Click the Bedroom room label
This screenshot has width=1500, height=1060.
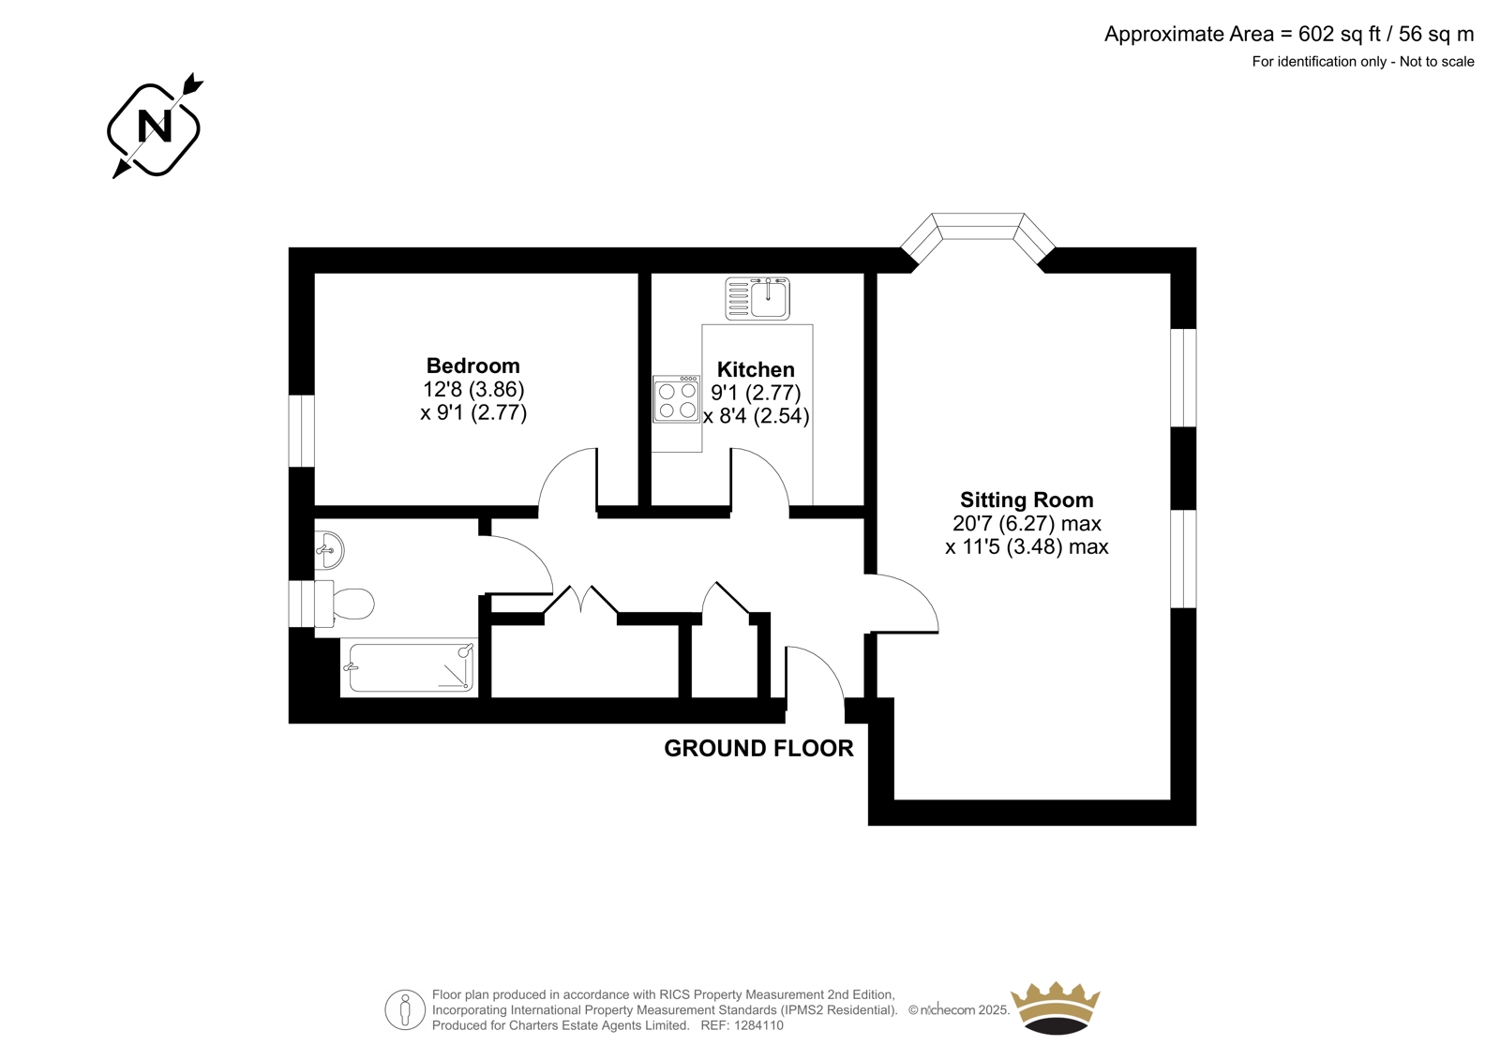472,366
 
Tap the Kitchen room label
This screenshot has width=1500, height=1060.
756,369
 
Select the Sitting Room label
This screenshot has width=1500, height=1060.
1027,500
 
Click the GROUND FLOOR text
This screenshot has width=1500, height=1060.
758,748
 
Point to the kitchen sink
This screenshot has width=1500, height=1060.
758,299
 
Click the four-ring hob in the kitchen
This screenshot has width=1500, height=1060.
677,399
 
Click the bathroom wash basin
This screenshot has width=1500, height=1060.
329,550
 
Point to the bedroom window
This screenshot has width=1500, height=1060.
301,430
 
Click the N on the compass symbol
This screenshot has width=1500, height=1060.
154,126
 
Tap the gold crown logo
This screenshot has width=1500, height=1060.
1056,1008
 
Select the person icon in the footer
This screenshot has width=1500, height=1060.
405,1009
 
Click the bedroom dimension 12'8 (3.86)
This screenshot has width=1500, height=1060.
473,389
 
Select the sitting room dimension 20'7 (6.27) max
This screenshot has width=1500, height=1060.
1027,523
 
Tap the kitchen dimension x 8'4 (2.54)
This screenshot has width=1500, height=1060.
757,416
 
